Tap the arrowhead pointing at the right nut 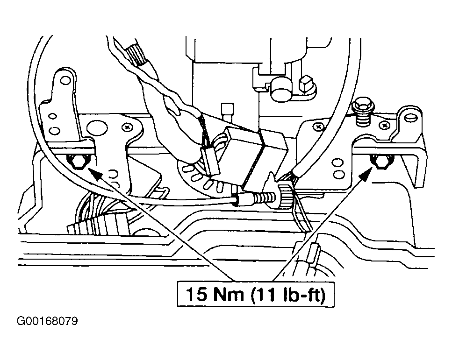click(x=364, y=175)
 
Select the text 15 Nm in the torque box click(x=214, y=294)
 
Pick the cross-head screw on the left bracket click(x=127, y=126)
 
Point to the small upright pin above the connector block click(x=227, y=113)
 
